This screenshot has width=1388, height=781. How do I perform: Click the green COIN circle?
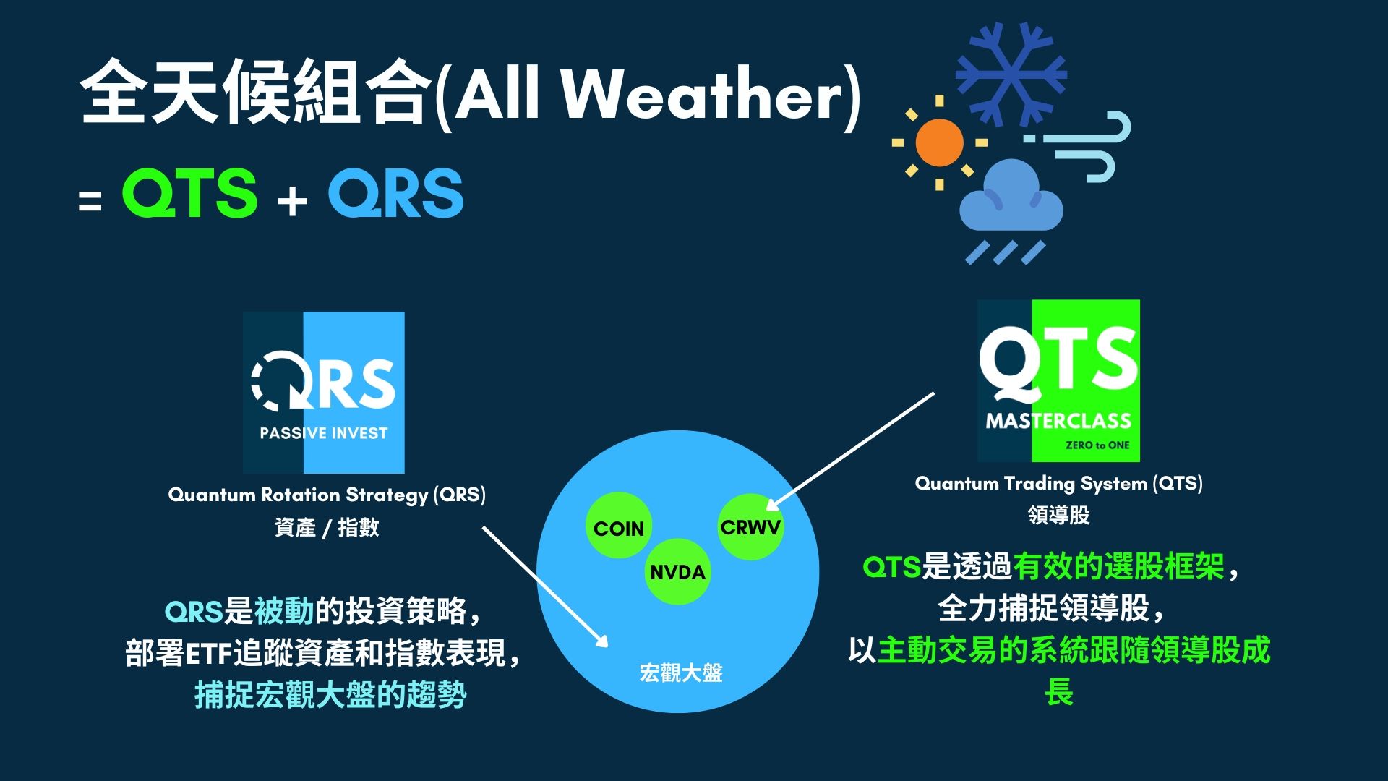[x=618, y=526]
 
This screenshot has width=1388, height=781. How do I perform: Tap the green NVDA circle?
[x=677, y=571]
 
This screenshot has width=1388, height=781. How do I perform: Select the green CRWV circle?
[x=750, y=526]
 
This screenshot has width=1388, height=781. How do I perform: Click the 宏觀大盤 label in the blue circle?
[x=681, y=673]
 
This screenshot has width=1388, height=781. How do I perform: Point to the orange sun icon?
[x=939, y=142]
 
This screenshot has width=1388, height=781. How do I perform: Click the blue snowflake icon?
[x=1011, y=74]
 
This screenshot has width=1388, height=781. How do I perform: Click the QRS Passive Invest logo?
[x=323, y=393]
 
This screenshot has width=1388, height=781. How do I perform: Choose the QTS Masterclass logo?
[x=1058, y=381]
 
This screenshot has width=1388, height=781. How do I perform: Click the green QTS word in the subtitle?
[x=189, y=193]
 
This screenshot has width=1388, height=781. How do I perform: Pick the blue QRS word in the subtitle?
[x=395, y=193]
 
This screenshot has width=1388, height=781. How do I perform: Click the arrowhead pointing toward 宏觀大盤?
[x=601, y=639]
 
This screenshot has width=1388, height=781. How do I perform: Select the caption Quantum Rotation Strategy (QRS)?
[x=327, y=495]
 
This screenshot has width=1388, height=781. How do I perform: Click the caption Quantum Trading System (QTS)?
[x=1059, y=483]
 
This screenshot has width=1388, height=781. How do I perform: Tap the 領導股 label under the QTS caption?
[x=1058, y=516]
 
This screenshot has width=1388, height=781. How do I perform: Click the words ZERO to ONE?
[x=1097, y=445]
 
